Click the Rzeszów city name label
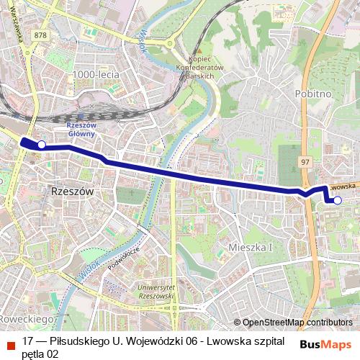[73, 192]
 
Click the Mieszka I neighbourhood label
[251, 247]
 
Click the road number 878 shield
[40, 35]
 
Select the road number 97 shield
[305, 161]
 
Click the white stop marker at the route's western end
[41, 145]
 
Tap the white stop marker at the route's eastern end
[338, 200]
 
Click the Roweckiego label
[27, 318]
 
